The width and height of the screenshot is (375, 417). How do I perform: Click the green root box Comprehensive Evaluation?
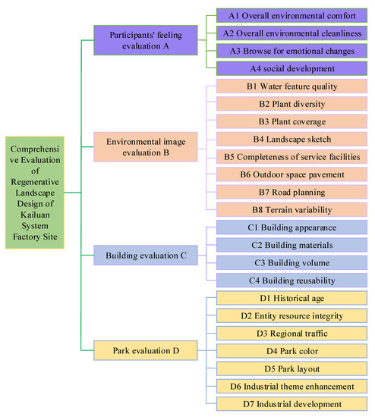35,193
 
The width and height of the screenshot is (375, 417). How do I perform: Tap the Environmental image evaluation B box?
143,146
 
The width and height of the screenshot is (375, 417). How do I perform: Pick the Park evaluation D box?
143,350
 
